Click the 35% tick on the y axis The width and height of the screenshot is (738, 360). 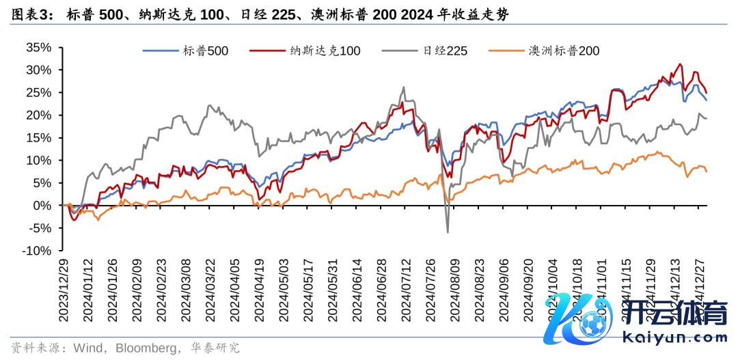pos(38,47)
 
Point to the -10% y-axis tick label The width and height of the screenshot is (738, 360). pos(37,251)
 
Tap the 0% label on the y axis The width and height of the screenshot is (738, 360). pos(42,205)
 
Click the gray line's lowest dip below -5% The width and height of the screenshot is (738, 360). pos(448,232)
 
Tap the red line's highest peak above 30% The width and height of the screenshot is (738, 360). pos(680,64)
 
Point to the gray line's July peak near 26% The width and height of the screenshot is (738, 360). pos(403,87)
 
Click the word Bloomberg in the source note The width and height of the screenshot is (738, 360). pos(140,347)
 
